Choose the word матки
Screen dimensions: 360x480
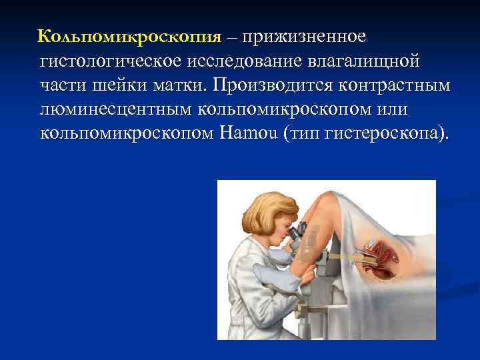185,87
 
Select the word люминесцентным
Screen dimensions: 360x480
119,110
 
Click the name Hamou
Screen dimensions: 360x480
248,133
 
